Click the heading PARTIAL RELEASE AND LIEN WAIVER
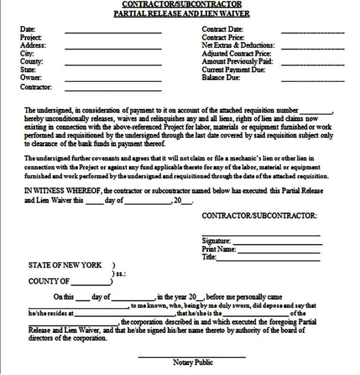pyautogui.click(x=182, y=14)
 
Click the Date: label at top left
pyautogui.click(x=28, y=30)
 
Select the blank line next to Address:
pyautogui.click(x=113, y=48)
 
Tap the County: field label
pyautogui.click(x=31, y=61)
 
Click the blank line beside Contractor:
pyautogui.click(x=113, y=90)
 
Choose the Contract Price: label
pyautogui.click(x=223, y=38)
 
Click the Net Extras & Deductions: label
pyautogui.click(x=238, y=46)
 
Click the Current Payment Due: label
pyautogui.click(x=233, y=69)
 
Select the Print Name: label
pyautogui.click(x=218, y=249)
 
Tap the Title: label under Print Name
pyautogui.click(x=209, y=257)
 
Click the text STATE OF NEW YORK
pyautogui.click(x=65, y=265)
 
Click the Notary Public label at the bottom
pyautogui.click(x=193, y=362)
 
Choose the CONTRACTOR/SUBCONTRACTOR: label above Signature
pyautogui.click(x=259, y=215)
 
